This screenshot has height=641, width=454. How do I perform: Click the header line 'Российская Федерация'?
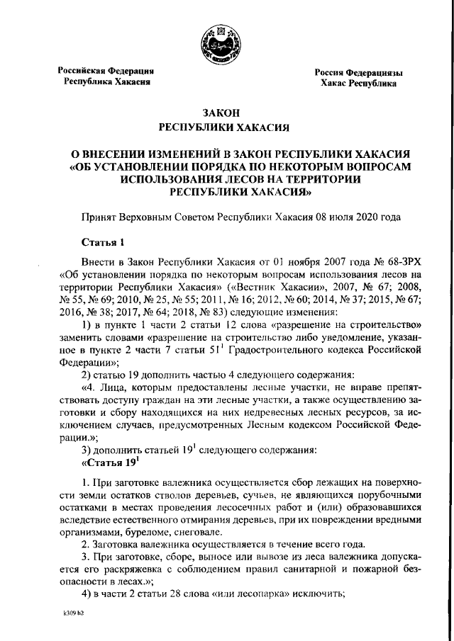106,71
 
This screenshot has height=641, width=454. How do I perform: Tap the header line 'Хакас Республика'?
358,84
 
